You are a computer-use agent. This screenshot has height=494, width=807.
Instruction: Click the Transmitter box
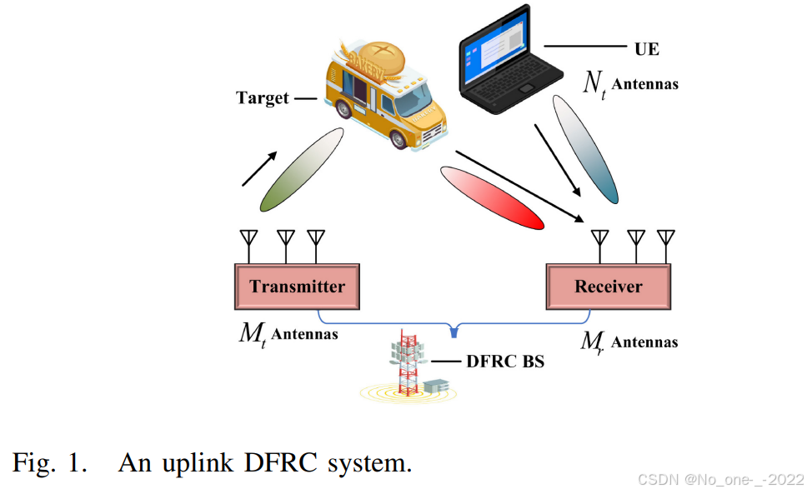click(297, 287)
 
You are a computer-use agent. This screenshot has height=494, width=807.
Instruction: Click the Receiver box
click(608, 287)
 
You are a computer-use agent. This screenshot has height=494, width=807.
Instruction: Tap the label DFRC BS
click(504, 362)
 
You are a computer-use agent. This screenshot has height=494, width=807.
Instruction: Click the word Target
click(262, 98)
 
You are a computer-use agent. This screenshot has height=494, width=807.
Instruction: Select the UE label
click(646, 49)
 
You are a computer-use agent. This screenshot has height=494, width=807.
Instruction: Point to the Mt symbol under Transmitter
click(250, 336)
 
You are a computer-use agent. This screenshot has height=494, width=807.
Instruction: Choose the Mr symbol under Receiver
click(592, 342)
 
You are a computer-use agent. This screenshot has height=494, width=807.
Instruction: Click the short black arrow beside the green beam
click(259, 170)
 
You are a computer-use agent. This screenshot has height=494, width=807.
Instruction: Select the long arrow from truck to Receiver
click(517, 187)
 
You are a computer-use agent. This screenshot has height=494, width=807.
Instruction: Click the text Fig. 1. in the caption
click(49, 462)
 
